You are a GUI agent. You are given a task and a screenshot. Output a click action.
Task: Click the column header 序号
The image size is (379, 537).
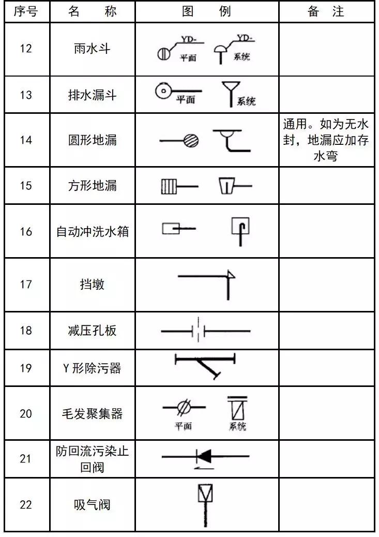click(25, 11)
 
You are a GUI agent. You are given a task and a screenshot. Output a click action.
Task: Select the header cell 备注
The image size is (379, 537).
click(326, 11)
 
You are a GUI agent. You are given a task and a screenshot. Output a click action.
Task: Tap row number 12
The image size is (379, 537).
click(25, 49)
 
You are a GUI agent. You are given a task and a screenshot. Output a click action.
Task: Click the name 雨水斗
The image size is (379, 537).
click(92, 49)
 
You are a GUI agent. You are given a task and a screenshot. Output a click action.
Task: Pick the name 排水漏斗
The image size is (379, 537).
click(92, 95)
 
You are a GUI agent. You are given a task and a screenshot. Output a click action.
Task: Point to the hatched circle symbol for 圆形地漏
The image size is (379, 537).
click(191, 140)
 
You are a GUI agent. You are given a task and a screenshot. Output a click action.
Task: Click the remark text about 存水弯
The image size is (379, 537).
click(326, 140)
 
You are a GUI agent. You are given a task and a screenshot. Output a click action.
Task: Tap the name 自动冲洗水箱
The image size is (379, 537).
click(92, 231)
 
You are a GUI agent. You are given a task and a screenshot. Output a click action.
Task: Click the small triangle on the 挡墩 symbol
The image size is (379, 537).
click(231, 275)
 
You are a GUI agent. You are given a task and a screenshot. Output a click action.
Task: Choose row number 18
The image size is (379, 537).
click(25, 331)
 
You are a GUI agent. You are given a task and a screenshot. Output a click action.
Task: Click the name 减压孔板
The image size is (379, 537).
click(92, 331)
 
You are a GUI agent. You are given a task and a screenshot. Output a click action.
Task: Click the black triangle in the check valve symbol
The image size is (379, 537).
click(205, 456)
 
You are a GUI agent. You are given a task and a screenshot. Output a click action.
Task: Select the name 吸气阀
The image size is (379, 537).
click(92, 505)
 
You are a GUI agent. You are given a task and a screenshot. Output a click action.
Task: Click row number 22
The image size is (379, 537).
click(25, 505)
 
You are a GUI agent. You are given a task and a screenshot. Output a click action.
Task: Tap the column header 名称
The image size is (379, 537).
click(92, 11)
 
